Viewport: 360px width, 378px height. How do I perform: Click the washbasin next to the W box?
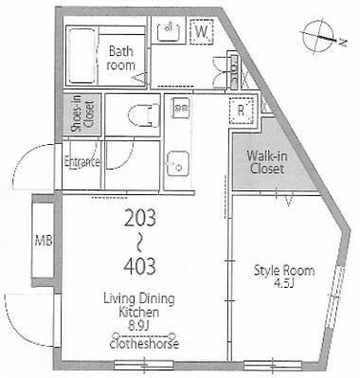pos(170,32)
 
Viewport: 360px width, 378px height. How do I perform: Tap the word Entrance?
pos(81,162)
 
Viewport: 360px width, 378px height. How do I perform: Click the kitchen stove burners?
pos(180,109)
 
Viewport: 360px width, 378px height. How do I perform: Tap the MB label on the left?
pos(43,241)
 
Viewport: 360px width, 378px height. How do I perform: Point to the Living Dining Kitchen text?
pos(140,305)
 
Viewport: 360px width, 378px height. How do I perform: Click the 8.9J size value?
pos(140,329)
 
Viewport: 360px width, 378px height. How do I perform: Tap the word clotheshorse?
pos(140,342)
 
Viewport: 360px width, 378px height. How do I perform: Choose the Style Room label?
pos(282,269)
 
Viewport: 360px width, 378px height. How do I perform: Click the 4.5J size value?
pos(282,282)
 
